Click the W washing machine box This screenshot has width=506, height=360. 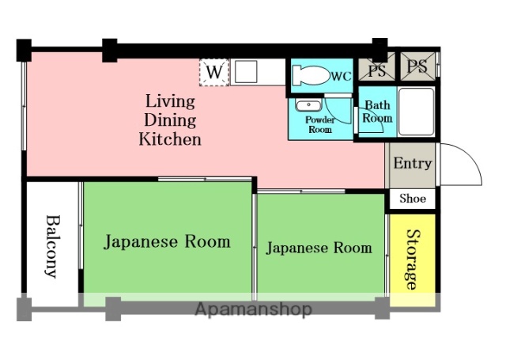tap(213, 72)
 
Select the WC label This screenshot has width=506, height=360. tap(341, 77)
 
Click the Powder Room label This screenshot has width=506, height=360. tap(320, 124)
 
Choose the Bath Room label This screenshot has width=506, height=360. tap(377, 112)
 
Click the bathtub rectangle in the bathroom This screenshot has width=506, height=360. tap(416, 111)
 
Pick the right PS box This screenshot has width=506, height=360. tap(417, 68)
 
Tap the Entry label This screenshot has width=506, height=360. tap(412, 164)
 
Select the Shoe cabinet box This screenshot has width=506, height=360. tap(412, 199)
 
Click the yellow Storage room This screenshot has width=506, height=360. tap(412, 259)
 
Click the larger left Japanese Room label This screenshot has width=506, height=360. tap(167, 241)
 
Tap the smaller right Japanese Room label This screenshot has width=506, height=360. tap(319, 248)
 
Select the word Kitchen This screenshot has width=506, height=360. tap(170, 140)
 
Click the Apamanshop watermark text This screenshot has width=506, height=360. tap(253, 309)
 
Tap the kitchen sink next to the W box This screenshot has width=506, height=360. tap(245, 72)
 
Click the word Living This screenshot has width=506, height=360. tap(170, 100)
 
